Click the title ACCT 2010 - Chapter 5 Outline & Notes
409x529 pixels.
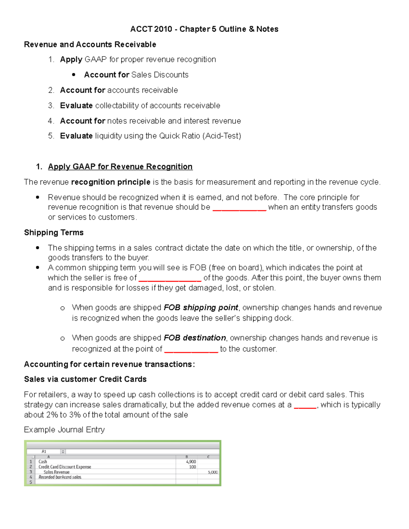(204, 29)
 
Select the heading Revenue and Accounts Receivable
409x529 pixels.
(90, 44)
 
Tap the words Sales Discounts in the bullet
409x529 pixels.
(160, 75)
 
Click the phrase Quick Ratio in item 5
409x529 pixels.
(180, 136)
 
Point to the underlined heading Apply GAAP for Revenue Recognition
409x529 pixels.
(120, 167)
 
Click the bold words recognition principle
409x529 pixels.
(111, 182)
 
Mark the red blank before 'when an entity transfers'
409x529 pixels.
(239, 208)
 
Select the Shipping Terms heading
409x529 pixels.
(54, 232)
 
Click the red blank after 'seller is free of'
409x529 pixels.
(170, 278)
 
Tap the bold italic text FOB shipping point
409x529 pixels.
(201, 308)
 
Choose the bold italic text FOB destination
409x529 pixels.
(195, 338)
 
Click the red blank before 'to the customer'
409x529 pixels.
(191, 349)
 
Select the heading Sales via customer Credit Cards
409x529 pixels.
(85, 379)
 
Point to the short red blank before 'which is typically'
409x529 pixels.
(305, 405)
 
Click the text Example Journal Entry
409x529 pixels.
(64, 430)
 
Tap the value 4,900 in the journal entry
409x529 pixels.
(191, 462)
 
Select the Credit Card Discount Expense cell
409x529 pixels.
(65, 467)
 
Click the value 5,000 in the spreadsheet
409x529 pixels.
(213, 472)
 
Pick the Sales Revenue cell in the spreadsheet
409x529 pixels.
(57, 472)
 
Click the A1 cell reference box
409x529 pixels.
(44, 451)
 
